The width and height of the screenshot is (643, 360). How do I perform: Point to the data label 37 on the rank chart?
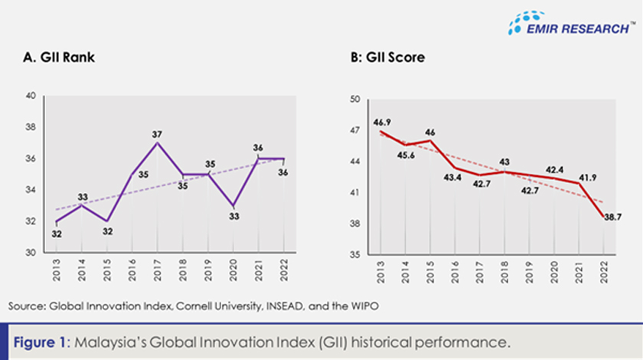point(158,133)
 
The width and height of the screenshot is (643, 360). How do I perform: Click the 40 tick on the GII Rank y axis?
point(31,97)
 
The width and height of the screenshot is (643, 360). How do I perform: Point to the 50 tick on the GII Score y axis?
point(355,100)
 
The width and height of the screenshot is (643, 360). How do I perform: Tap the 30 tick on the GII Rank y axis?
point(31,253)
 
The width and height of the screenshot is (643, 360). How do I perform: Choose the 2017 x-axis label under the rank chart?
point(156,272)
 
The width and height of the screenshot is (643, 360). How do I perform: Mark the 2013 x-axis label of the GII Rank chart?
point(55,272)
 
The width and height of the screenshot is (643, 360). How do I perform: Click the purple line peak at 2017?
point(156,142)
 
